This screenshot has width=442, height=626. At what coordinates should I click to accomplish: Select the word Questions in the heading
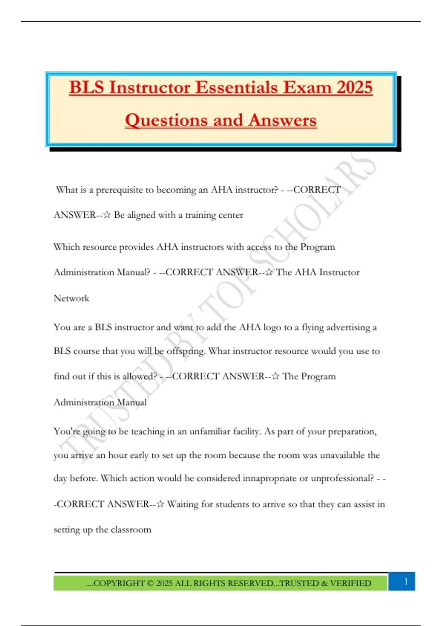166,120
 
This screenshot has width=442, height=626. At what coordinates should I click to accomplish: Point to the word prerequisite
119,190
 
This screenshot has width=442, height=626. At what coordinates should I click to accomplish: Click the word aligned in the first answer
141,215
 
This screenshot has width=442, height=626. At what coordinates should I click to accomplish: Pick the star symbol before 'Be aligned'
107,215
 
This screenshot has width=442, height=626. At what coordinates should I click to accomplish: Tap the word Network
71,298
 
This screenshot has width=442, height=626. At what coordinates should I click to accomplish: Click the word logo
272,327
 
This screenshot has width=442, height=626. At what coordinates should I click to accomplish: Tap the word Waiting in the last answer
183,504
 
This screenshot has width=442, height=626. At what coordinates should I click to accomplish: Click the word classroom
131,530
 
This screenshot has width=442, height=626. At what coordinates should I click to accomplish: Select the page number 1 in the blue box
406,581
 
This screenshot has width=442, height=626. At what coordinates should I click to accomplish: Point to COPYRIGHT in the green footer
118,583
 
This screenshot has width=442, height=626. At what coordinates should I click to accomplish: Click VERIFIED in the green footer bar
350,583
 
